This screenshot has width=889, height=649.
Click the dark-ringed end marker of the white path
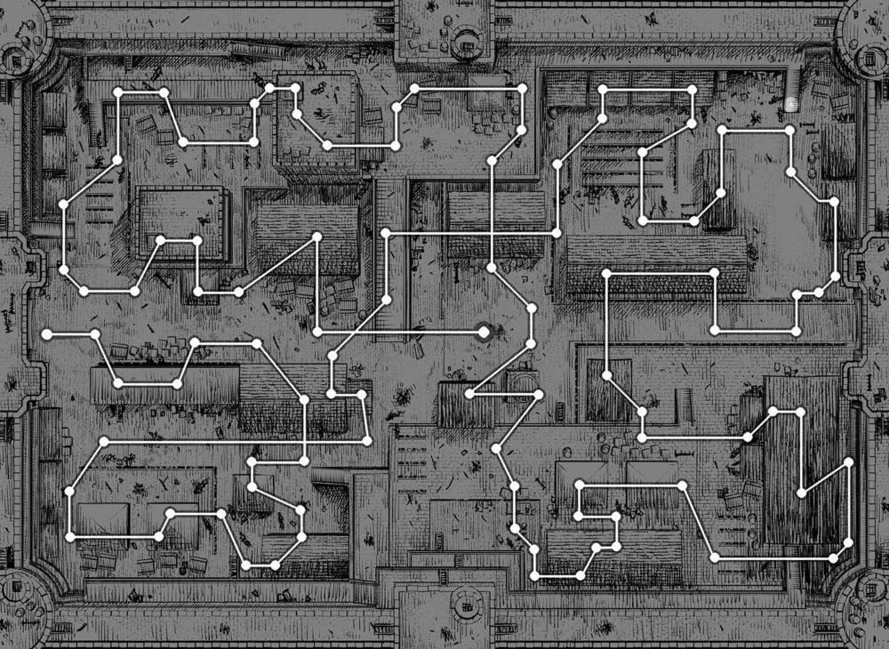(x=485, y=333)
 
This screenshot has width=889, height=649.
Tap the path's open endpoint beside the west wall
(x=47, y=333)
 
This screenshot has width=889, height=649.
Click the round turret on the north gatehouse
(x=464, y=36)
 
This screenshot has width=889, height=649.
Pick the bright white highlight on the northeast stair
(x=791, y=105)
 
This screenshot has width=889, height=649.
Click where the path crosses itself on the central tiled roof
(x=493, y=233)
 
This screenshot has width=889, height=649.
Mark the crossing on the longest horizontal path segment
(x=304, y=441)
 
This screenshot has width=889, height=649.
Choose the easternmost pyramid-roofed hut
(x=653, y=476)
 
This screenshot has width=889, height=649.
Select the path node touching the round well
(x=539, y=393)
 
